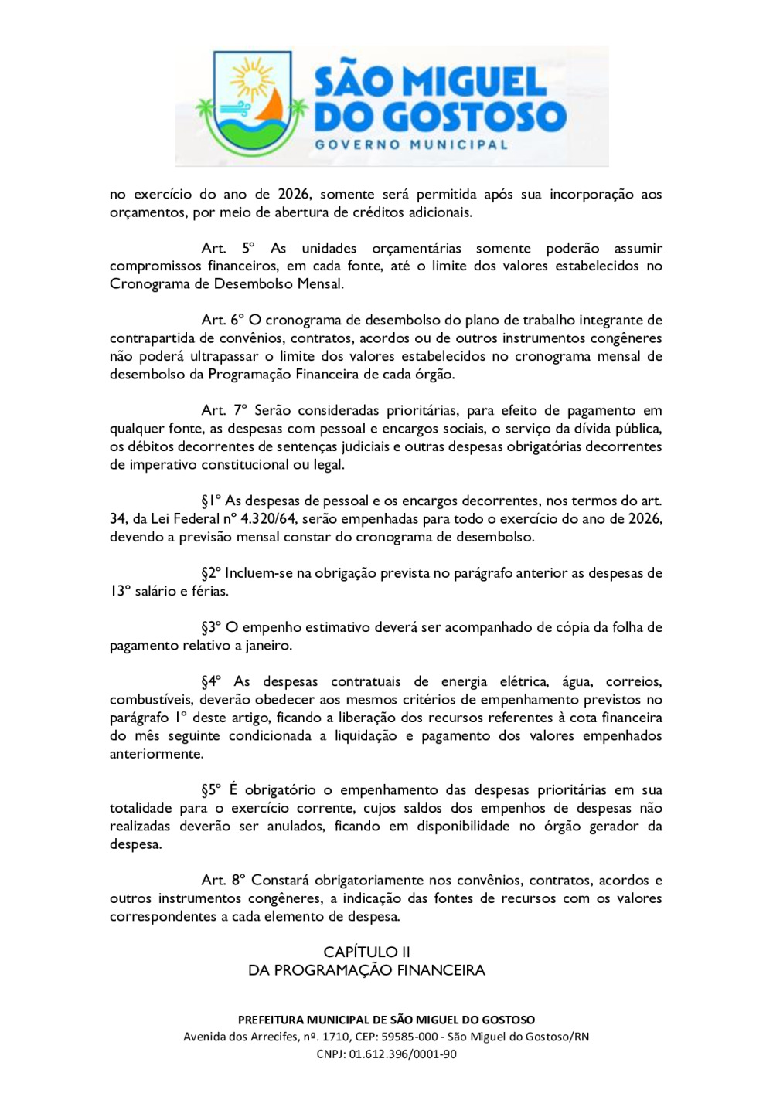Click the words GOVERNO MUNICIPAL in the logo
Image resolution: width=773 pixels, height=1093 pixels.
click(x=411, y=144)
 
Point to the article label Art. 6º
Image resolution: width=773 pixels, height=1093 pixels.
click(x=223, y=321)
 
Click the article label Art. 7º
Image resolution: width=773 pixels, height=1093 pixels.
click(x=224, y=411)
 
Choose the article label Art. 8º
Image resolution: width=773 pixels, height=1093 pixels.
click(x=223, y=881)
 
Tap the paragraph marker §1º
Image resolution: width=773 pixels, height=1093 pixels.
click(x=211, y=501)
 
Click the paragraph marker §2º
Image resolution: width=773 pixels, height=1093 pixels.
click(x=211, y=573)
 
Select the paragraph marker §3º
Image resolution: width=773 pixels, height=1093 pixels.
click(x=211, y=627)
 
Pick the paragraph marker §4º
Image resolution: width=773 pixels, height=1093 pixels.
click(x=211, y=682)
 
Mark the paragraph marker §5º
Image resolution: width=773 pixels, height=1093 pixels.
click(x=211, y=790)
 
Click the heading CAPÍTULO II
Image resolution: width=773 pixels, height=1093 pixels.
click(x=366, y=952)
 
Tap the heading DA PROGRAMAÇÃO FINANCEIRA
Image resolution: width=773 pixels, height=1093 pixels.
click(x=366, y=971)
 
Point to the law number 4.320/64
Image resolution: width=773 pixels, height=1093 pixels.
click(x=269, y=519)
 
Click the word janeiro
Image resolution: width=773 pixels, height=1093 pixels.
click(x=267, y=646)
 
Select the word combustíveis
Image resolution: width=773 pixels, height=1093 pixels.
click(x=152, y=700)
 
